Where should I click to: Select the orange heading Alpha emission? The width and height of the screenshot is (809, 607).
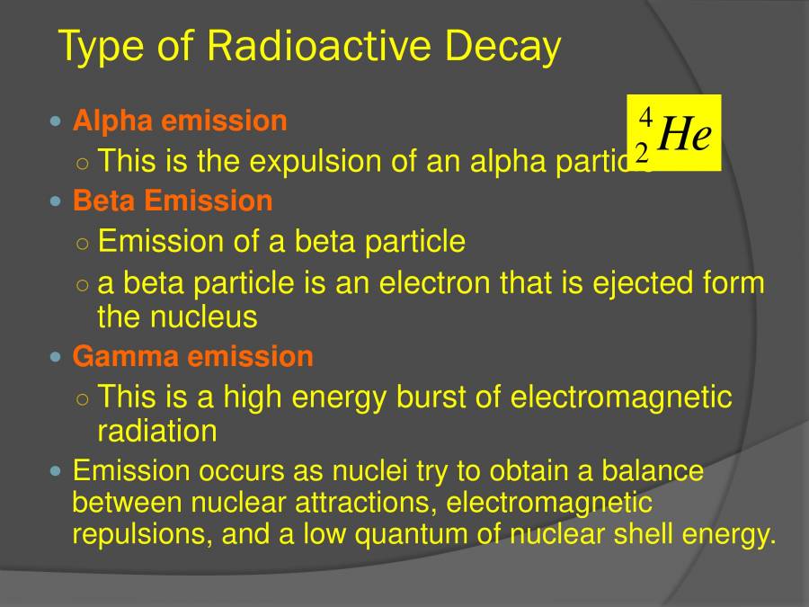(180, 121)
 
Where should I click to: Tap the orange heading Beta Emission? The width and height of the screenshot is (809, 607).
(173, 201)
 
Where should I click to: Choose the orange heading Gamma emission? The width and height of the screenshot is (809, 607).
(193, 357)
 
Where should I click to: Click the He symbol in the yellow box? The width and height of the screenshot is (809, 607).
(685, 135)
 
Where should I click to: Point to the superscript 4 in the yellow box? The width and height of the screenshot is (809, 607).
(645, 118)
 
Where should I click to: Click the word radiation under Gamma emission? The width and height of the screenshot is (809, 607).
(157, 431)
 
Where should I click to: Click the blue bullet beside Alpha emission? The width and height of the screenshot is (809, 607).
(58, 121)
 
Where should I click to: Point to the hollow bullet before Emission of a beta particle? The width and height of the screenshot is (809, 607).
(83, 243)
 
